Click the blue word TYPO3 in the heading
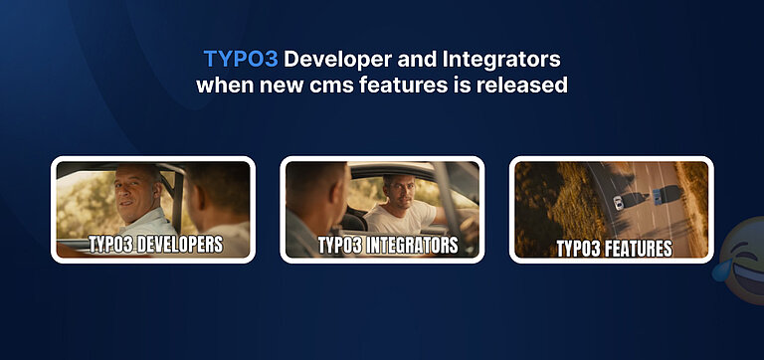[240, 59]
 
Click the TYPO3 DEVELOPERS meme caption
[154, 244]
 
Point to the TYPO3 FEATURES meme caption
[613, 247]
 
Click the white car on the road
[617, 202]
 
